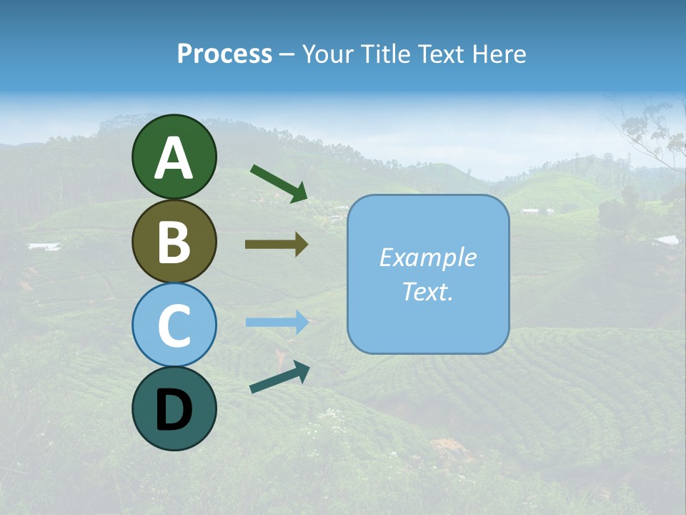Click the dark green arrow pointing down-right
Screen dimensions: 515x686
279,183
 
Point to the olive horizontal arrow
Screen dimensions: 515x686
277,245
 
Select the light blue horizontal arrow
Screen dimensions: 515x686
277,323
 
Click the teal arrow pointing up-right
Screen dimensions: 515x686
279,376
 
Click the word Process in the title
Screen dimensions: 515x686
224,54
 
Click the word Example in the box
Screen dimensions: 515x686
427,257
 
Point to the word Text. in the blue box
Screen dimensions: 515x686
427,291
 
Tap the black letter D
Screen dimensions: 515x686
174,410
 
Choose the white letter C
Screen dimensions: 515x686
174,325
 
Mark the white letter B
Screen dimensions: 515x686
174,242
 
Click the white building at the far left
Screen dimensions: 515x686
44,247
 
